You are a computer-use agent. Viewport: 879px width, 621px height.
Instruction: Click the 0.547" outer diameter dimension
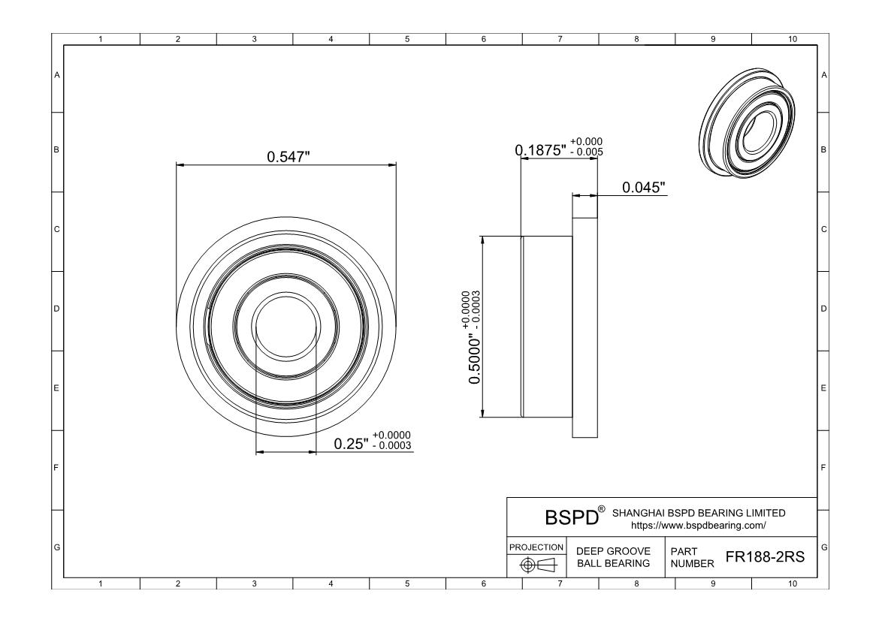point(288,157)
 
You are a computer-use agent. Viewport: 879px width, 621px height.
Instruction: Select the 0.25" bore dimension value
point(352,444)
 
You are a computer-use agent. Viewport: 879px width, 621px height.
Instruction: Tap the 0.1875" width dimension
point(541,150)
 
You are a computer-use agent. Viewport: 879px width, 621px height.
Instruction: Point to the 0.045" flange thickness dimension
point(644,187)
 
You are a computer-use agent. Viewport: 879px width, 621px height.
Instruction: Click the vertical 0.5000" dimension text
point(475,360)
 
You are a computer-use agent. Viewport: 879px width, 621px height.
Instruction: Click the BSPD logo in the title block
point(572,517)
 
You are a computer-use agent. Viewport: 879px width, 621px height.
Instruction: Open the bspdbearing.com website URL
point(698,526)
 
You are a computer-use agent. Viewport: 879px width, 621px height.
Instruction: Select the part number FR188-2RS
point(765,556)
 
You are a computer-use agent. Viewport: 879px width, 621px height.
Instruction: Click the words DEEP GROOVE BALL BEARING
point(613,557)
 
